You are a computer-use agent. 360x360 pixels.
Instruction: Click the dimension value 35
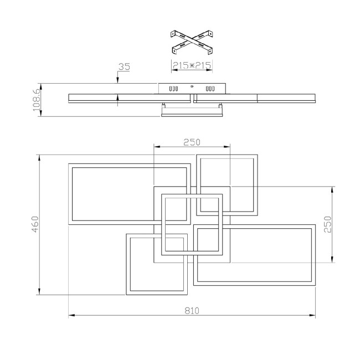124,67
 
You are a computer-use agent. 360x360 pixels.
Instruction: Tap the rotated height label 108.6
37,100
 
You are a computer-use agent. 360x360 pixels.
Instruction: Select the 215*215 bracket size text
191,65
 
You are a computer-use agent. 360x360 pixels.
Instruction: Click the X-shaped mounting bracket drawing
192,40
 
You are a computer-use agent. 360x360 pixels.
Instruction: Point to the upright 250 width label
192,142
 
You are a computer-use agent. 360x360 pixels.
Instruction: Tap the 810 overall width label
192,311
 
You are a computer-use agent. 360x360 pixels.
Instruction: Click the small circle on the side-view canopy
192,86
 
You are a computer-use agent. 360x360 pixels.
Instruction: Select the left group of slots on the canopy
173,88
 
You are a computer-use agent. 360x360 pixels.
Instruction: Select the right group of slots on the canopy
210,88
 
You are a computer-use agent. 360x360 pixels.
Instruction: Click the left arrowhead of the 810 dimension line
71,316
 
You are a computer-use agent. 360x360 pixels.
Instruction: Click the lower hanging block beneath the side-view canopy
192,112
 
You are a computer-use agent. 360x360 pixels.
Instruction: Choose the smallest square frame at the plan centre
192,224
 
